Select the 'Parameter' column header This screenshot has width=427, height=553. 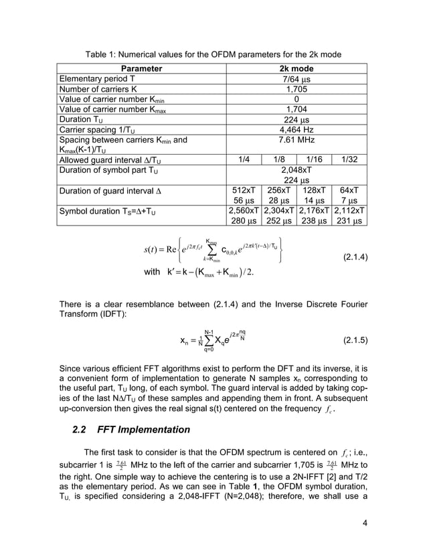point(141,68)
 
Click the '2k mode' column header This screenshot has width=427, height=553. point(296,68)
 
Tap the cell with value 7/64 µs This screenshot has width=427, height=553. point(296,78)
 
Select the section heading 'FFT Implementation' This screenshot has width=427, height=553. point(144,429)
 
